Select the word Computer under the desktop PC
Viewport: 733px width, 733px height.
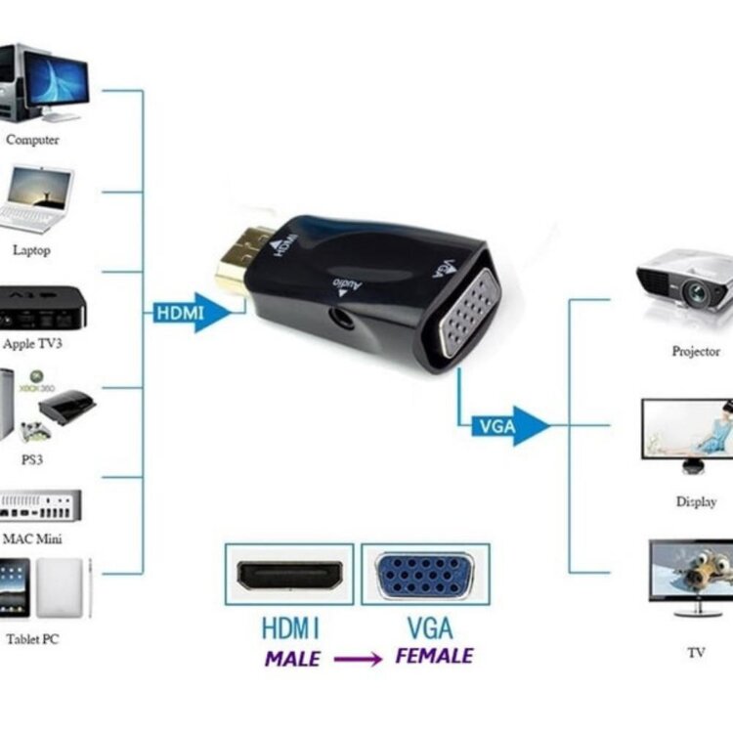(32, 140)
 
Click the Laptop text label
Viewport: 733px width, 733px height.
(31, 250)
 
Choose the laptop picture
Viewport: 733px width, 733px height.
(39, 199)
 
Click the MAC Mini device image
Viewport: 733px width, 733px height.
(40, 505)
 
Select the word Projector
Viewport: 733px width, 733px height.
(696, 351)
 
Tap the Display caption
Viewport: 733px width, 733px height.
(696, 502)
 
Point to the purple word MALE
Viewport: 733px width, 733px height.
(291, 659)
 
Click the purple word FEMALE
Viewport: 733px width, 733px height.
(434, 656)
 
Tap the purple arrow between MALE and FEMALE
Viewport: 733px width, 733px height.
(358, 660)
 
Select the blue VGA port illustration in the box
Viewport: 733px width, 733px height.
(425, 575)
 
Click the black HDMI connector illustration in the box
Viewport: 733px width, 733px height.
(290, 575)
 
